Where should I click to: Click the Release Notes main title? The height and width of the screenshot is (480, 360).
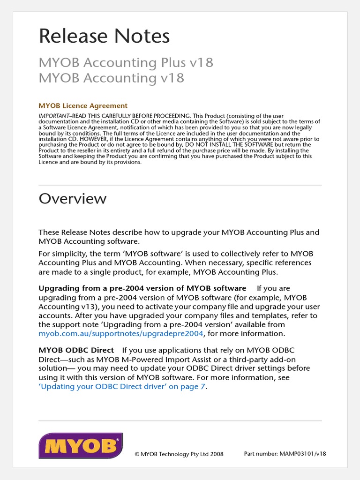pyautogui.click(x=104, y=36)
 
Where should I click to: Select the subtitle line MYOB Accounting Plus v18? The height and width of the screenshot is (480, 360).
pyautogui.click(x=126, y=62)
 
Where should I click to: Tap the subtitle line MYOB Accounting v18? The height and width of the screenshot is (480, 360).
pyautogui.click(x=111, y=78)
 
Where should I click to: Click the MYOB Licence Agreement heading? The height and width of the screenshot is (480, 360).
pyautogui.click(x=82, y=106)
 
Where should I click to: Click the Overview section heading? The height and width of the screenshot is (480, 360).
pyautogui.click(x=72, y=199)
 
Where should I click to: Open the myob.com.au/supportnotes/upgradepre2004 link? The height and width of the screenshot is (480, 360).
pyautogui.click(x=121, y=334)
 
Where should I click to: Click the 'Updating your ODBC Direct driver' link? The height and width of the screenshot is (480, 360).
pyautogui.click(x=121, y=387)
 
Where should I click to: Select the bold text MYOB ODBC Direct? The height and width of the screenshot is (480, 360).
pyautogui.click(x=76, y=351)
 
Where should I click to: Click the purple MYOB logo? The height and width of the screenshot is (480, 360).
pyautogui.click(x=80, y=446)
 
